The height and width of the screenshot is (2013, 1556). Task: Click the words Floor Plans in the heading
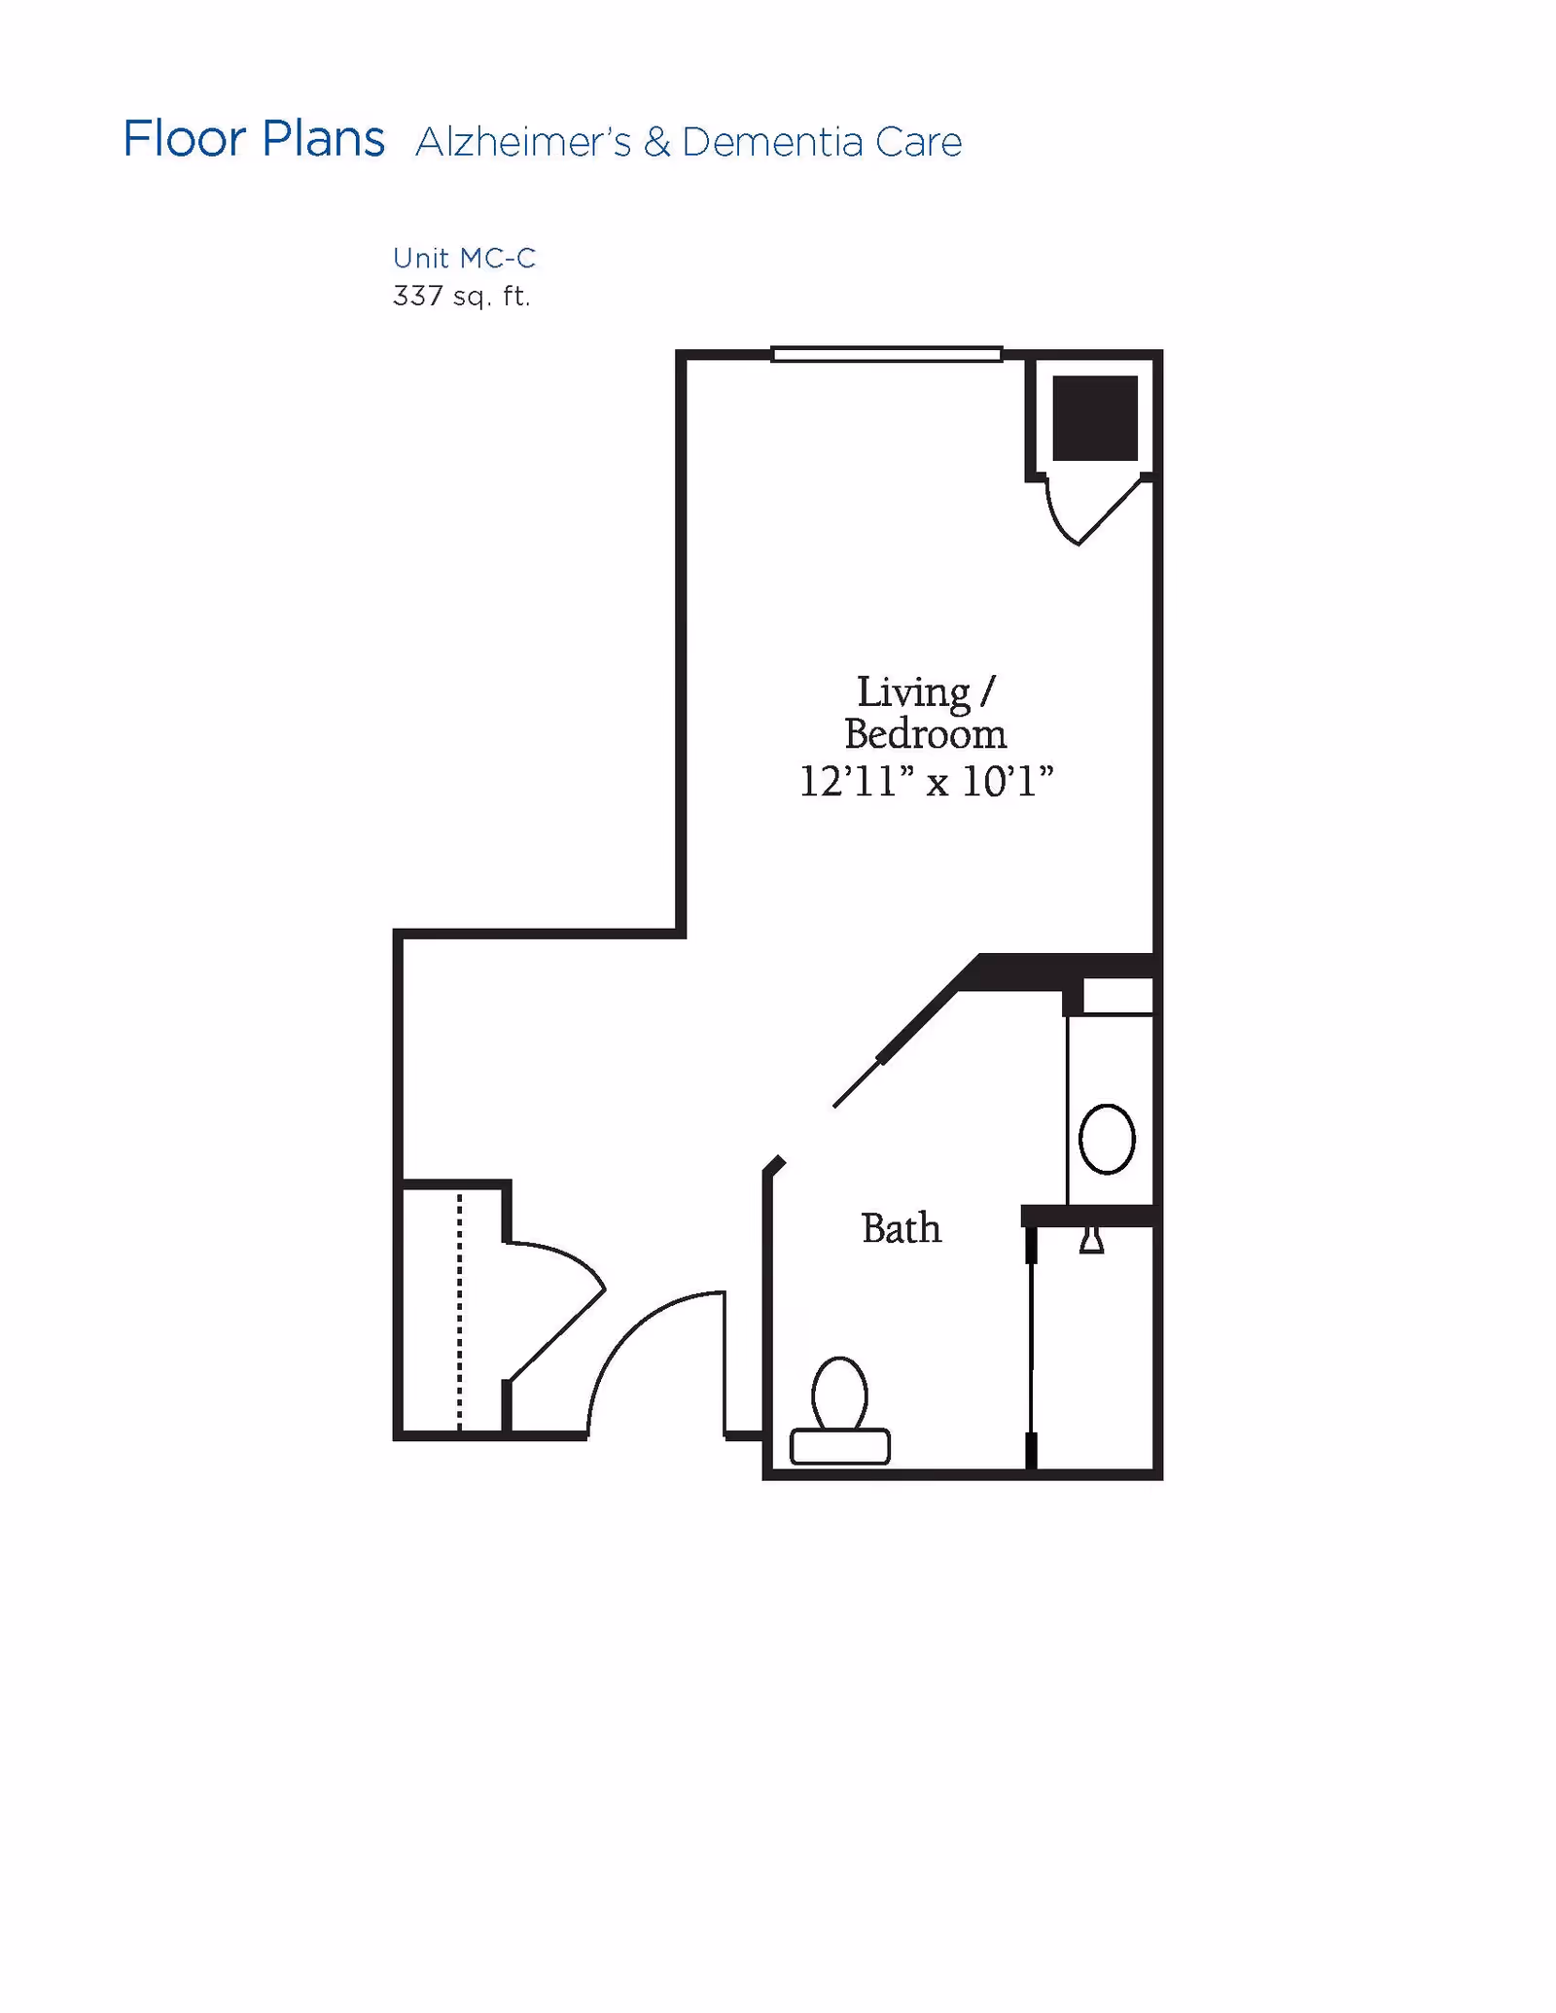(x=254, y=139)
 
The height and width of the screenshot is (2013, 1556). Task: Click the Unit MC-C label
(x=464, y=258)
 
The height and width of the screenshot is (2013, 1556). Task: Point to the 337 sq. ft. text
(x=461, y=296)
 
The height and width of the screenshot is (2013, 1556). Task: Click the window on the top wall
(x=886, y=354)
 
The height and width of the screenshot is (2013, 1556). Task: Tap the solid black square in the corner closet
(x=1095, y=418)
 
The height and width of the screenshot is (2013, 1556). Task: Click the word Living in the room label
(x=913, y=692)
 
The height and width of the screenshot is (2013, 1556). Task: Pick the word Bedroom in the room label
(x=925, y=734)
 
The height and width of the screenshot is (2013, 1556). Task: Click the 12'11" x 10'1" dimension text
(x=926, y=781)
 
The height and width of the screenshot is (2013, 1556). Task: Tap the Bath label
(x=901, y=1228)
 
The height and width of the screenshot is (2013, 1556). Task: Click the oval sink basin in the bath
(x=1107, y=1139)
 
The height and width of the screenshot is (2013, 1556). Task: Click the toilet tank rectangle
(x=840, y=1446)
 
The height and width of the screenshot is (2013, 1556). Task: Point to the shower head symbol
(x=1091, y=1241)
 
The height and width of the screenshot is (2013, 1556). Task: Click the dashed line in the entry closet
(x=460, y=1313)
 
